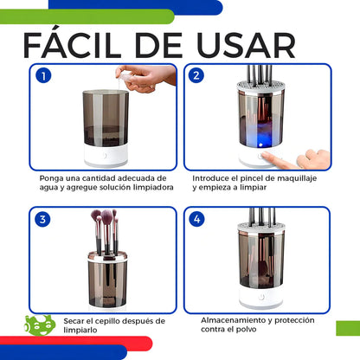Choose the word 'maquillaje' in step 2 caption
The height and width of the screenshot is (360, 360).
(297, 177)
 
